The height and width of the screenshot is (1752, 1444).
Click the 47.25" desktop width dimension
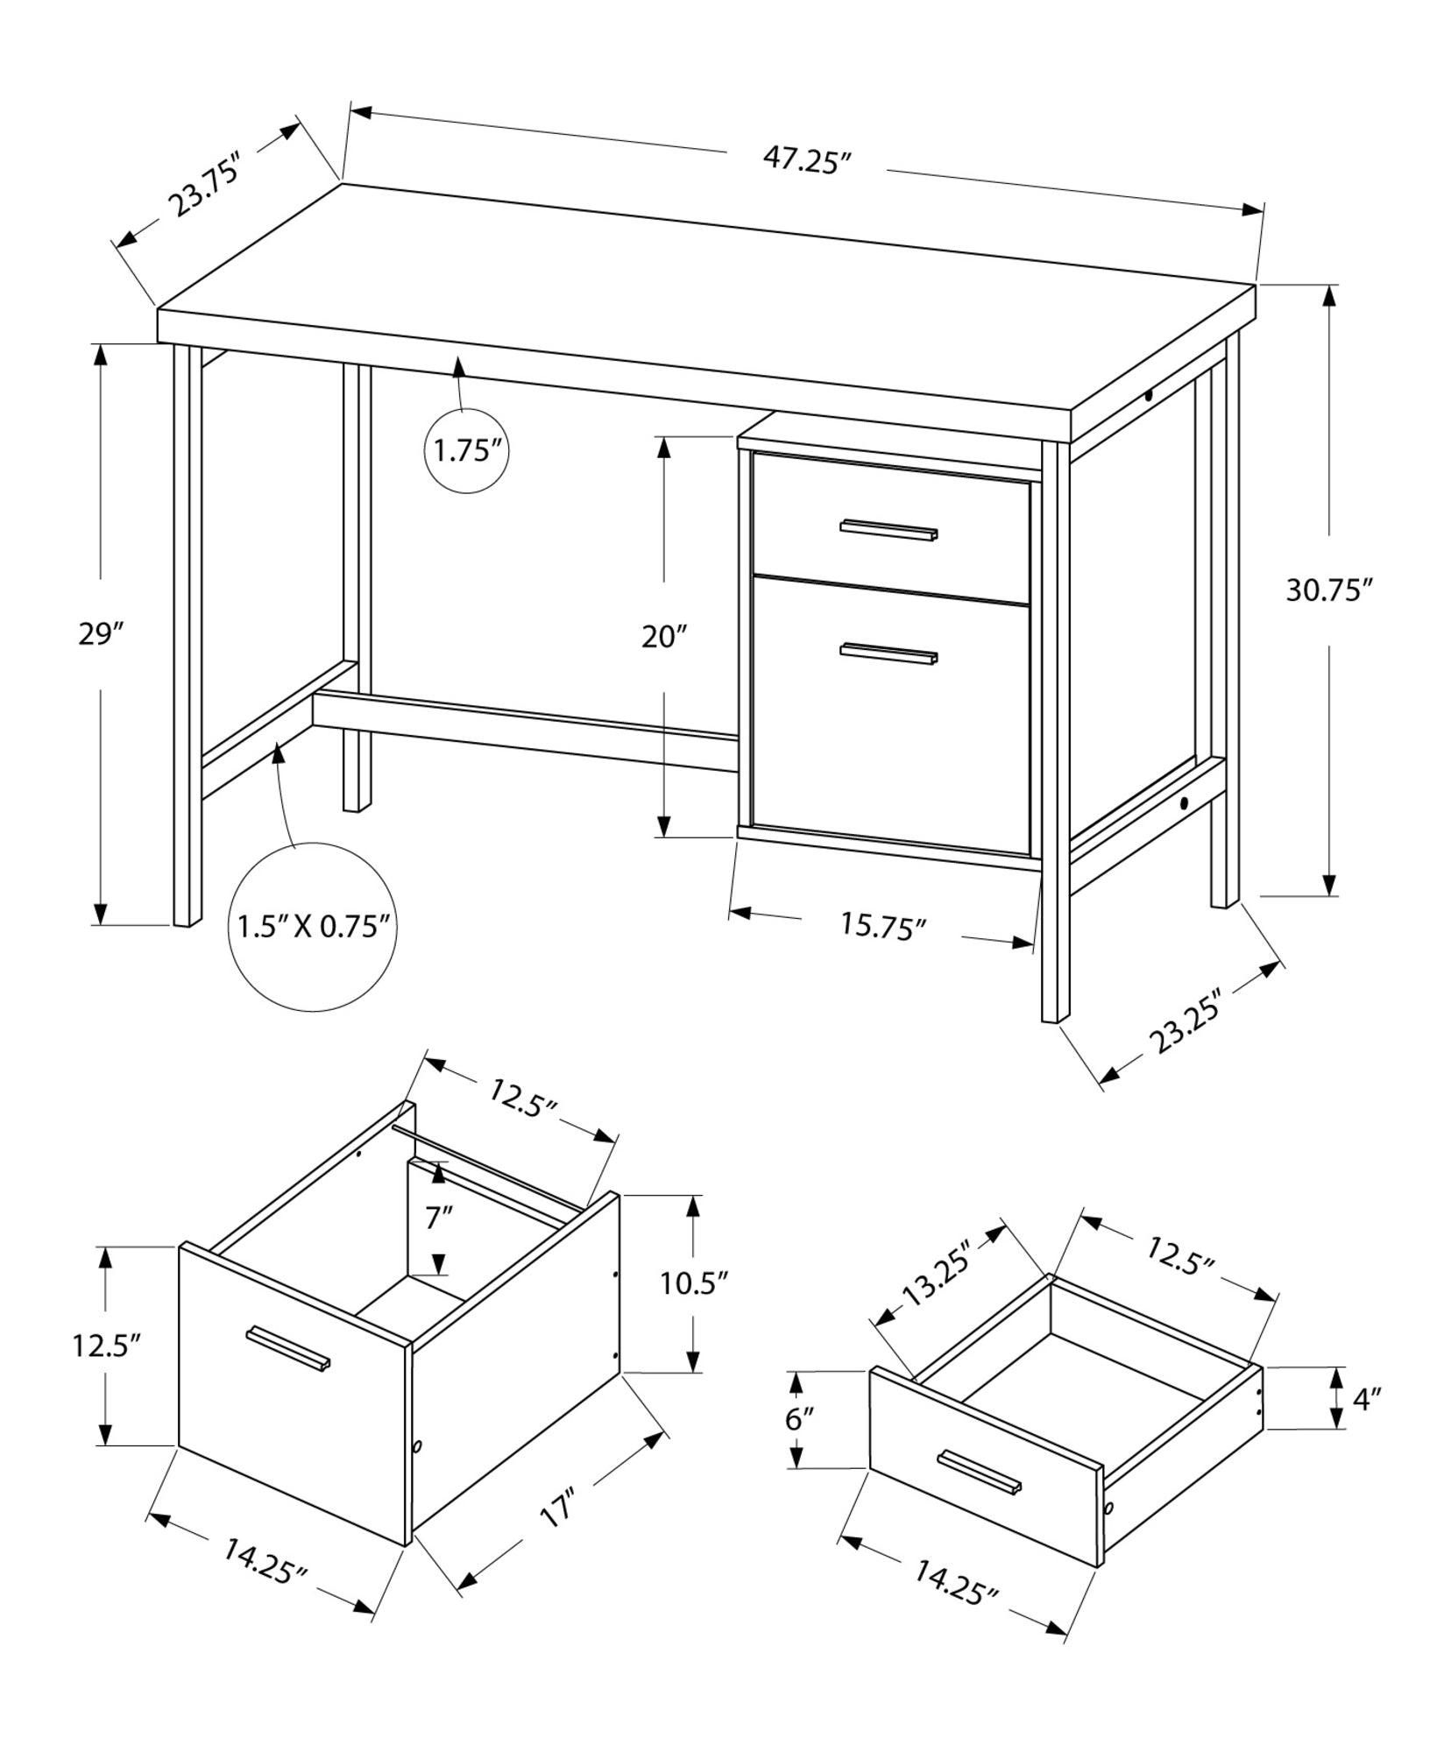pos(807,161)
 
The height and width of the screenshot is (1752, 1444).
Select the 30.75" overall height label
pos(1327,590)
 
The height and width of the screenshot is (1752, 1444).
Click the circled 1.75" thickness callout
pos(467,451)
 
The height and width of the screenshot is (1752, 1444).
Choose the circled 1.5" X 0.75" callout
pos(313,926)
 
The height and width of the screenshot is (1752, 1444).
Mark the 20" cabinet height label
pos(664,636)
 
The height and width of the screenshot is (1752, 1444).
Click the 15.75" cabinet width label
pos(883,926)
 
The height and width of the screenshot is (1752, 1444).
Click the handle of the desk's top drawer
pos(888,530)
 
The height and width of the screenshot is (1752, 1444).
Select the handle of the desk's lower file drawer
pos(888,653)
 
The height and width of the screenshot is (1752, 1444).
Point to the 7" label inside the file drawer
pos(439,1218)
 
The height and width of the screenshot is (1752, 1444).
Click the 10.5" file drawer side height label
pos(694,1284)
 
